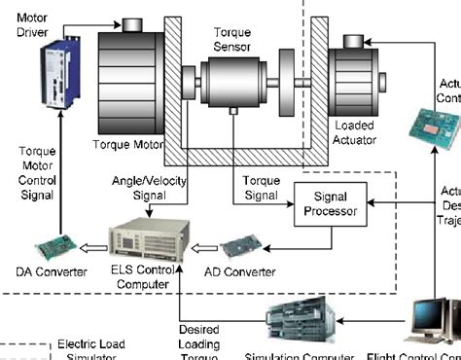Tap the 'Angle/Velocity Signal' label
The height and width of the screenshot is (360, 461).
[x=150, y=187]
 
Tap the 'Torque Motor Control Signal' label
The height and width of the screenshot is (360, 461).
[x=40, y=172]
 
